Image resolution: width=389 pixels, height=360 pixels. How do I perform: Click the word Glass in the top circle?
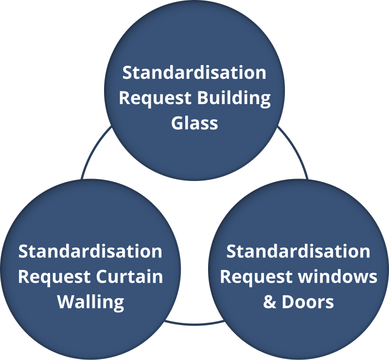click(194, 123)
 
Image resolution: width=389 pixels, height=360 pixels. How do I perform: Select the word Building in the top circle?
click(233, 98)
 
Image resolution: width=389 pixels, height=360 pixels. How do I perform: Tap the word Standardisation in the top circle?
click(194, 73)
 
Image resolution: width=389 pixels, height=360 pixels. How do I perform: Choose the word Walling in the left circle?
click(91, 302)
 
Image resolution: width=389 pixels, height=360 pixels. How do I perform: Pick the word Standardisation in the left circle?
click(90, 252)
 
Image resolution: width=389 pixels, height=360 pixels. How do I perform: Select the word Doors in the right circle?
click(308, 302)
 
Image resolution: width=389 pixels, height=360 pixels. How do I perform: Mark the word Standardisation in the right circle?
click(298, 252)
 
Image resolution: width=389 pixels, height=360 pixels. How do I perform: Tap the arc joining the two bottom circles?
click(194, 323)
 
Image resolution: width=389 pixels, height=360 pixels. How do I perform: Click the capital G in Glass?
click(178, 123)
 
